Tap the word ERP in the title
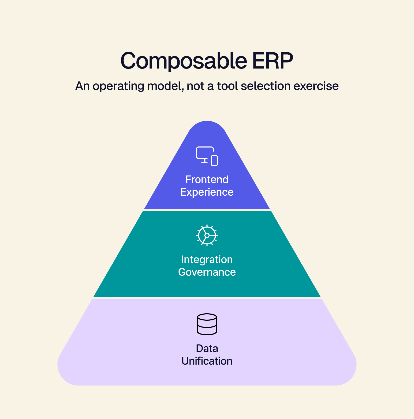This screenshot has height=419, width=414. (x=273, y=61)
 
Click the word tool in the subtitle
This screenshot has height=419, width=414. (x=227, y=86)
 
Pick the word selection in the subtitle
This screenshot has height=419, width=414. (x=266, y=86)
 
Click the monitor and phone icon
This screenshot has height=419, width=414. (x=207, y=156)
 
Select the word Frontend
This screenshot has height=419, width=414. (x=207, y=180)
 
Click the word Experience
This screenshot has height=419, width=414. (x=207, y=192)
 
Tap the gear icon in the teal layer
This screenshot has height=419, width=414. (x=207, y=235)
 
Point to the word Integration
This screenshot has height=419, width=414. (x=207, y=260)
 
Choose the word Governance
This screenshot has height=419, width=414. (x=207, y=272)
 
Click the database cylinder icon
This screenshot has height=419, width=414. (x=207, y=324)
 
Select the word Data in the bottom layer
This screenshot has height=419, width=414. (x=207, y=349)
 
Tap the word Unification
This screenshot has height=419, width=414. (x=207, y=361)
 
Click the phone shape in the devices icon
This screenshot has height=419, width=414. (x=215, y=161)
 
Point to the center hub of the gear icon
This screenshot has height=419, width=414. (x=207, y=235)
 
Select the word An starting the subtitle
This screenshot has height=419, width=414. (x=82, y=86)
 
